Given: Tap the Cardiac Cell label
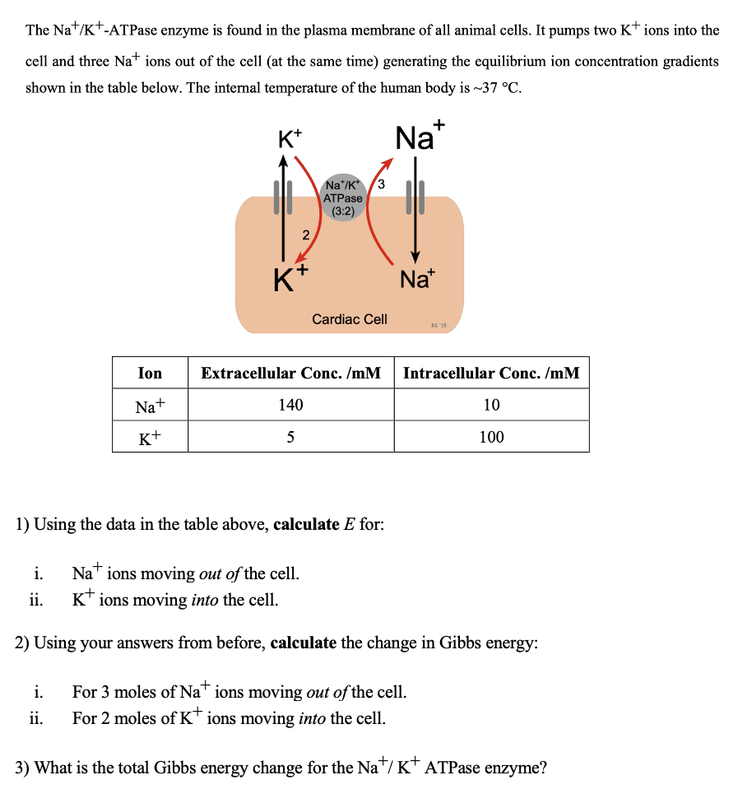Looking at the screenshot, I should (x=350, y=318).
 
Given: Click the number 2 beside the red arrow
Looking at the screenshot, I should (x=305, y=235).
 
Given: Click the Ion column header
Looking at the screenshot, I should (x=150, y=373).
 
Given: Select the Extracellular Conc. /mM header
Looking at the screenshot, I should (x=291, y=373).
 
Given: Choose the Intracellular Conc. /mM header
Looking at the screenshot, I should (x=491, y=373).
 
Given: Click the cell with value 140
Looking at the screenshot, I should (x=291, y=404).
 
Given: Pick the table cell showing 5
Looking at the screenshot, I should (x=291, y=436).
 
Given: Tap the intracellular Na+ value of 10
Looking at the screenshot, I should (x=491, y=404).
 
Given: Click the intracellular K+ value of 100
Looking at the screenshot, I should (x=491, y=436).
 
